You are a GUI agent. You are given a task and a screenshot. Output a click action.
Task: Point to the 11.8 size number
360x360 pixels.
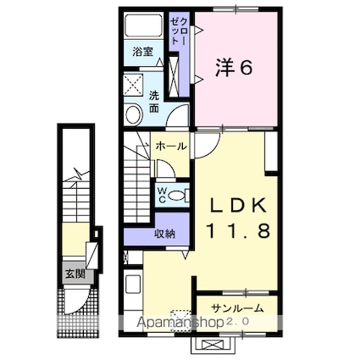(x=239, y=231)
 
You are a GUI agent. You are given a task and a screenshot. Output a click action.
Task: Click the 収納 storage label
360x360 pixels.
(x=164, y=233)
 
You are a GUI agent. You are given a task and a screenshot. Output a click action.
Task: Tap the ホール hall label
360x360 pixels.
(x=169, y=146)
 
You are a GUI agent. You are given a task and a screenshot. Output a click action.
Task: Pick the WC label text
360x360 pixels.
(x=161, y=194)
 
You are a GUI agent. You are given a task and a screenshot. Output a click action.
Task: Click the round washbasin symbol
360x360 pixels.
(x=134, y=113)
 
